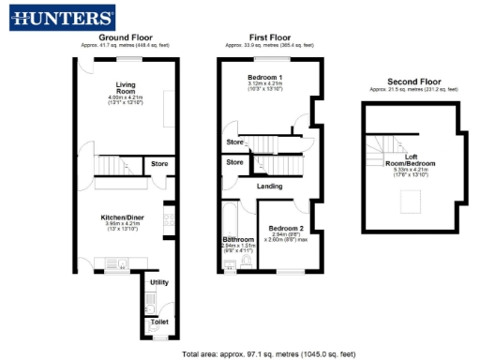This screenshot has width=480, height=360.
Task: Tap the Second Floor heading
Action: [413, 82]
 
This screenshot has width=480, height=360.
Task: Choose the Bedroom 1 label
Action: [265, 76]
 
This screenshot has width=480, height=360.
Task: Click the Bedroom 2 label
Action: [285, 228]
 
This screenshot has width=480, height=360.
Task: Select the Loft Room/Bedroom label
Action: [410, 160]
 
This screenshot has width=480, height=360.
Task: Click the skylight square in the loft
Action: [411, 201]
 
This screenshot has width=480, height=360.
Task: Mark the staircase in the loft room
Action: [383, 146]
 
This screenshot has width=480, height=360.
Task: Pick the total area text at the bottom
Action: [269, 353]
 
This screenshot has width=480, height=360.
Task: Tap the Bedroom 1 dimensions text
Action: [265, 87]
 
